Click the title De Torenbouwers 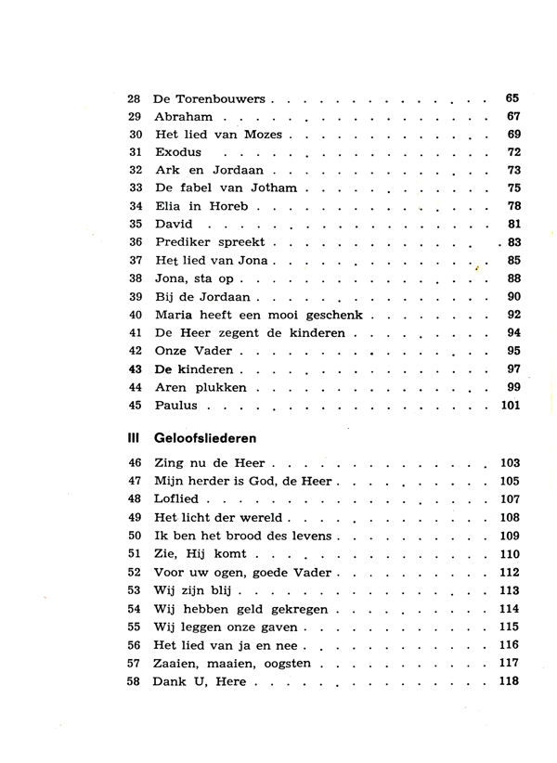[x=209, y=98]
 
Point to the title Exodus [x=178, y=152]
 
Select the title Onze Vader [x=192, y=351]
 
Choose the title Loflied [x=176, y=498]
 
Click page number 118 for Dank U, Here [x=509, y=680]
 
